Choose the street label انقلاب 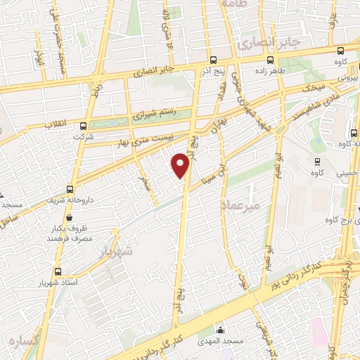tap(56, 124)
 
